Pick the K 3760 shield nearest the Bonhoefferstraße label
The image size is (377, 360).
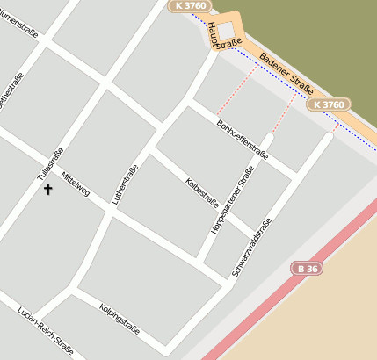(329, 105)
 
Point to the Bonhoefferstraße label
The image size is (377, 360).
(242, 136)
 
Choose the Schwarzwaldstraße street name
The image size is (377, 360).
(252, 249)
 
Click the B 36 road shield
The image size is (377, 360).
(306, 266)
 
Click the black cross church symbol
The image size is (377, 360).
(47, 189)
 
